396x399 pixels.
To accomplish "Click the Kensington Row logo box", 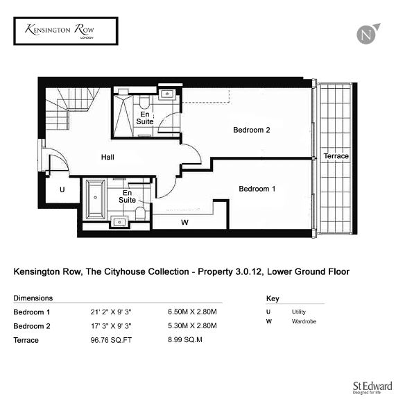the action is coord(66,31).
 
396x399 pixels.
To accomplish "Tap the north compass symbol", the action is coord(368,34).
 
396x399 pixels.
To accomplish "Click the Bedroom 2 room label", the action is coord(252,130).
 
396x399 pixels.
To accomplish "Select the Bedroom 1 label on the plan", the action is coord(257,189).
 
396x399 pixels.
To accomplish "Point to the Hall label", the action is coord(107,157).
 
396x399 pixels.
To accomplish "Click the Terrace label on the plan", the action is coord(336,156).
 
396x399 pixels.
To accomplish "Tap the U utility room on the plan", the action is coord(62,189).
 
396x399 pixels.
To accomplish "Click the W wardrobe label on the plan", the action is coord(184,223).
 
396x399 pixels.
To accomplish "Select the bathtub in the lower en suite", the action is coord(96,199).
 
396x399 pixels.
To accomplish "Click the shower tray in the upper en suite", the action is coord(123,116).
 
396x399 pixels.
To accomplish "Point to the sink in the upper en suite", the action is coord(167,94).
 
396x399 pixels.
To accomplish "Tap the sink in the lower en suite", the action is coord(119,222).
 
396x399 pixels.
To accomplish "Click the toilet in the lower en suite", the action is coord(140,213).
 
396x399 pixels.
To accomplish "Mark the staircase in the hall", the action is coord(70,108).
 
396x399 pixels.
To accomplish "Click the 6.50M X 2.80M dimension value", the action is coord(192,312).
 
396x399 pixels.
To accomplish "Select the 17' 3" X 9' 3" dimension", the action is coord(112,326).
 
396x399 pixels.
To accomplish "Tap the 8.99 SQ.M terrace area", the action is coord(185,340).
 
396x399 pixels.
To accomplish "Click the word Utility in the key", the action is coord(299,312).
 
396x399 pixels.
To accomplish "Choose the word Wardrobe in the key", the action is coord(304,321).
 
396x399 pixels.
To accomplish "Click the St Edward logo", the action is coord(372,388).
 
